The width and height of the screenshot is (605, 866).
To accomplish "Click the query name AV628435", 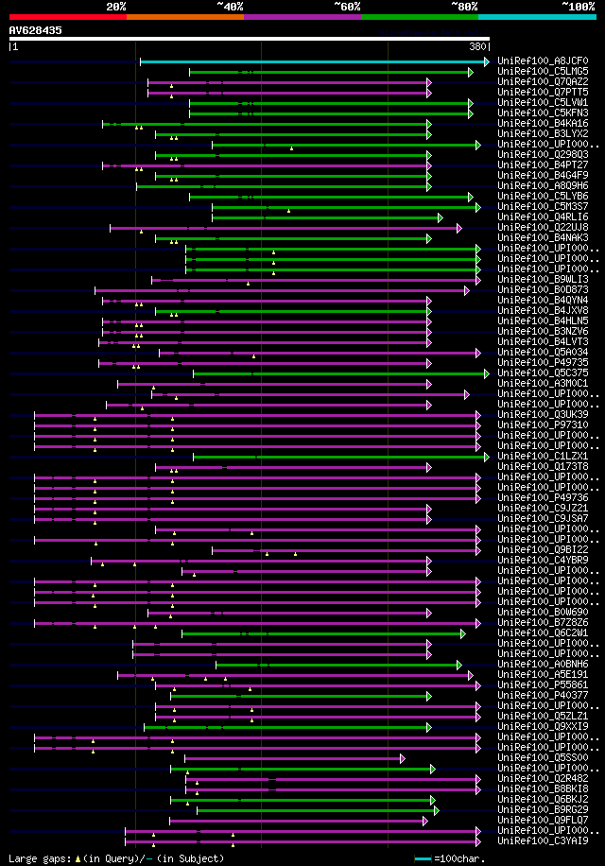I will point(36,30).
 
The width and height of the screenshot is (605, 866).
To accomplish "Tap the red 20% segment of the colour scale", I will point(67,16).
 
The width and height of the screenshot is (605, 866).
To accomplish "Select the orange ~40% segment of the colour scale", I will point(184,16).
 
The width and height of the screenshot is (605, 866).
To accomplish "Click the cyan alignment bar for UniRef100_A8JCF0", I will point(312,61).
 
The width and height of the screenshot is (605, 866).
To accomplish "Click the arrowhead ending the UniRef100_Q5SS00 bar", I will point(403,758).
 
